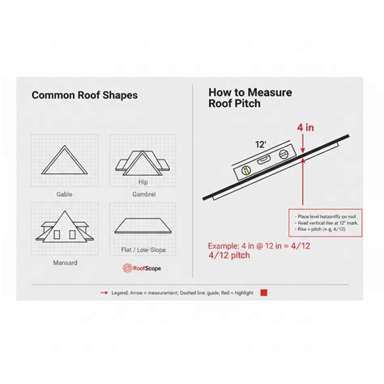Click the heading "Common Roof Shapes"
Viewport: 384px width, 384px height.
[x=84, y=95]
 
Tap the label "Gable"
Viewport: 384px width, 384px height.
[x=65, y=194]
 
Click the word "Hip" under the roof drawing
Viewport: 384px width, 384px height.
[x=143, y=182]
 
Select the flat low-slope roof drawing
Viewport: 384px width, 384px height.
[x=143, y=226]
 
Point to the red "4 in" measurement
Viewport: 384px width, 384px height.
[x=305, y=127]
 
